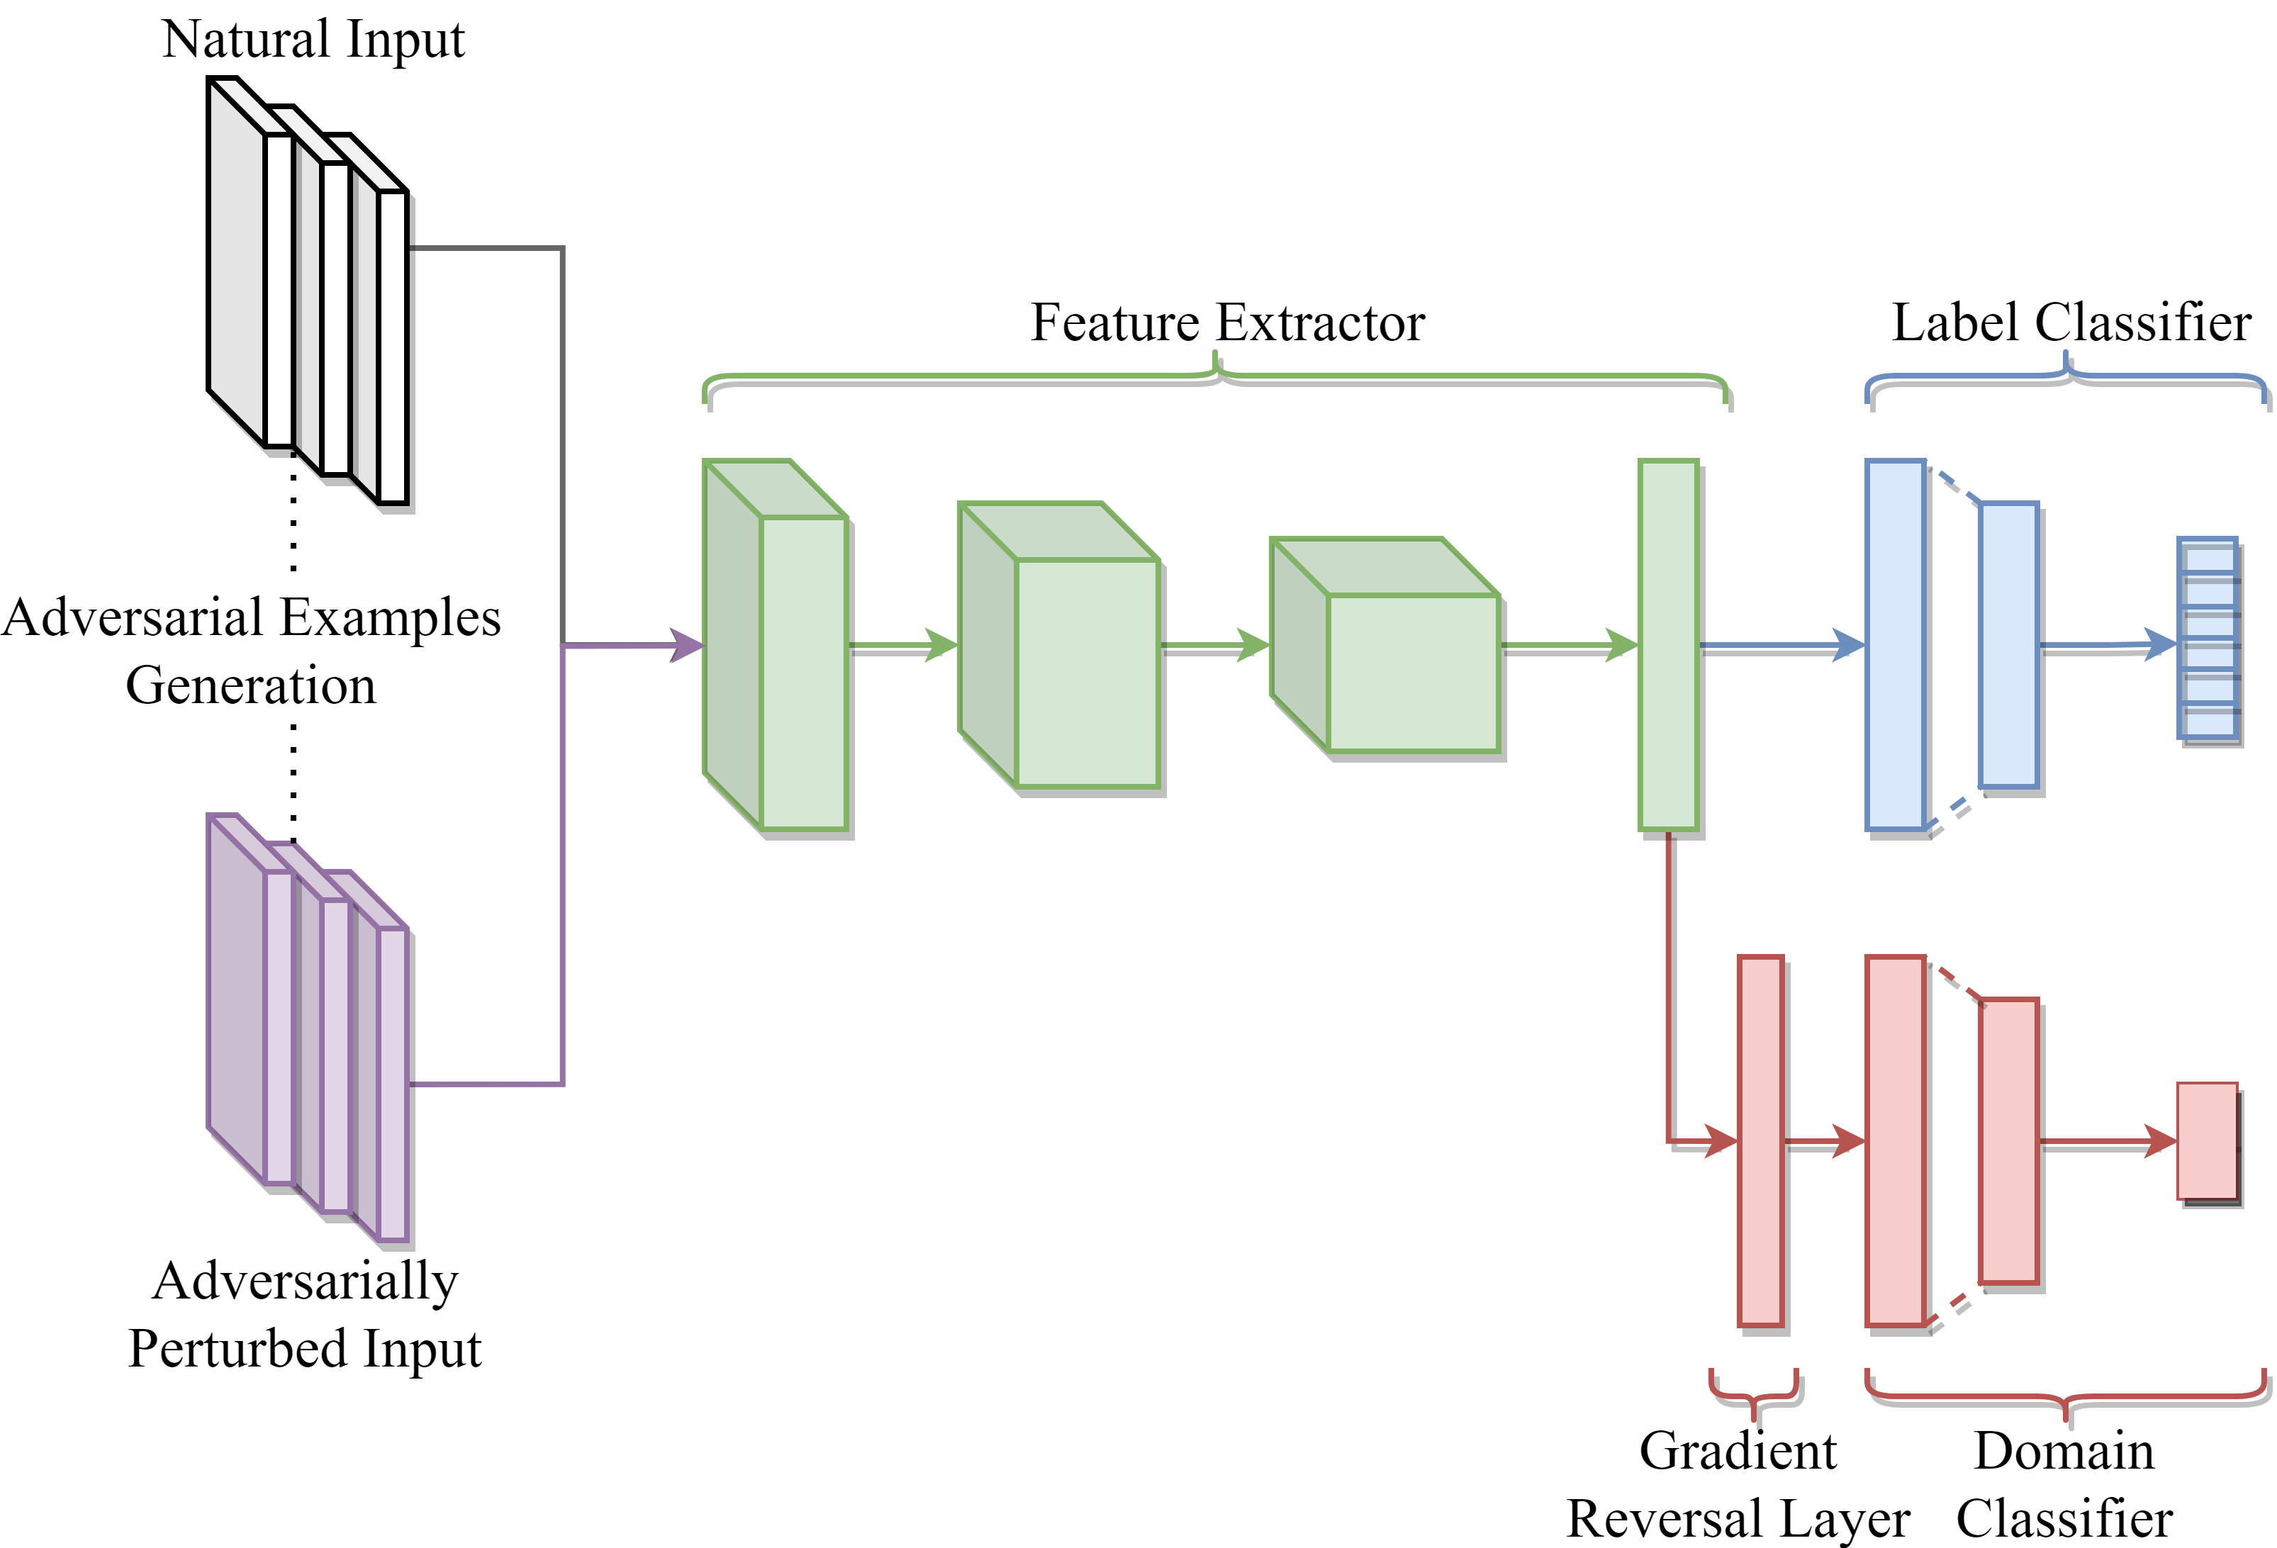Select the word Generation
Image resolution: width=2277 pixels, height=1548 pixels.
[251, 685]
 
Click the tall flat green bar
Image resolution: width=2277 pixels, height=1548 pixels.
[1667, 645]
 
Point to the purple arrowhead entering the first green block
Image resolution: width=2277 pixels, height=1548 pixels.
[688, 646]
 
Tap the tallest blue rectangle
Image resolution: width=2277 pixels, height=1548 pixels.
[1895, 645]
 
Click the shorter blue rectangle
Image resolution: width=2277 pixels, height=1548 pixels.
[2008, 645]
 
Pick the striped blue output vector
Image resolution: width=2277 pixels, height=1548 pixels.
[2206, 638]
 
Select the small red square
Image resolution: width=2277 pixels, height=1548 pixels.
[2206, 1140]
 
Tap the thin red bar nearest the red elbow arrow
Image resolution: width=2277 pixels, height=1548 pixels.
[1759, 1140]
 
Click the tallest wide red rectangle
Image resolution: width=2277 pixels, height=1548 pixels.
[1895, 1140]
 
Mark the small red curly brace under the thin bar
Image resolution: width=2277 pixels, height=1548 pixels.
[1753, 1395]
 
